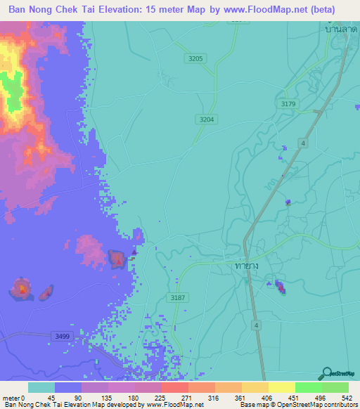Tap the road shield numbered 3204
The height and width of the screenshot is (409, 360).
[x=206, y=119]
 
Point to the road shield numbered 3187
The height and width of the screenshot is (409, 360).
[x=179, y=298]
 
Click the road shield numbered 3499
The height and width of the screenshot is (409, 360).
[x=62, y=337]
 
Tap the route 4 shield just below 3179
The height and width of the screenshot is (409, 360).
[x=303, y=143]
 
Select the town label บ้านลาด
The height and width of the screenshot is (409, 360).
[x=337, y=30]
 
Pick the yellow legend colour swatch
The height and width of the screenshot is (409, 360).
[x=282, y=387]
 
